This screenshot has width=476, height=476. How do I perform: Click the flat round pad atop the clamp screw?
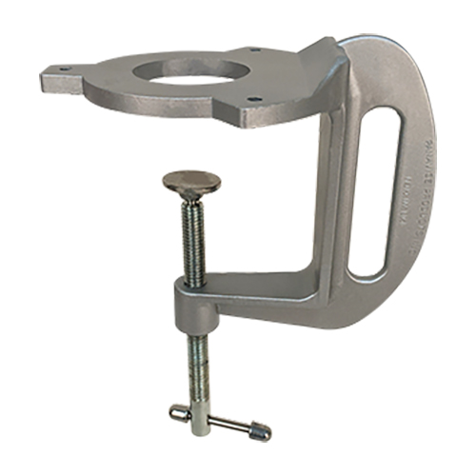pyautogui.click(x=191, y=181)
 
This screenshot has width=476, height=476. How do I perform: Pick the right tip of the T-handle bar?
pyautogui.click(x=261, y=434)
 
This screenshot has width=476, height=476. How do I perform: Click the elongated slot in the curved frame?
pyautogui.click(x=368, y=190)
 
